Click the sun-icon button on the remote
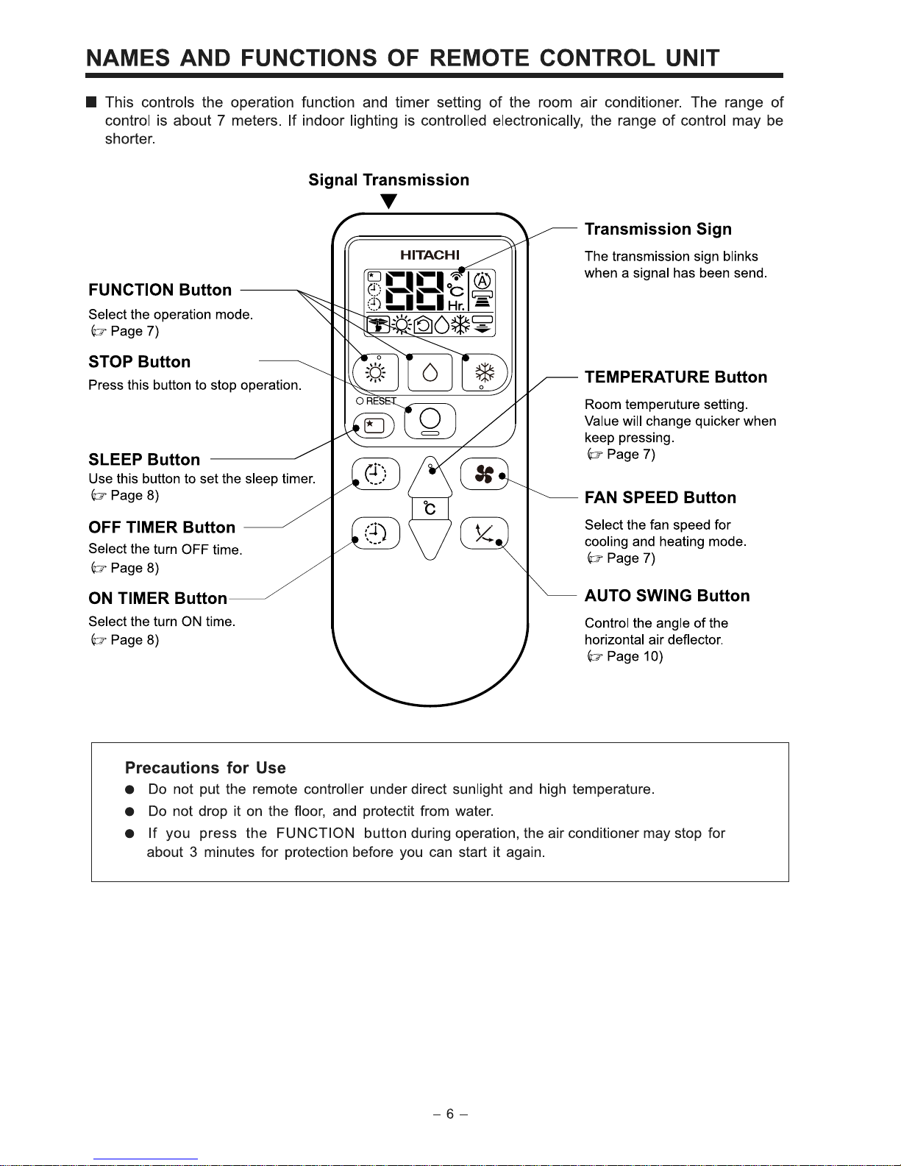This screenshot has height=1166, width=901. pos(375,373)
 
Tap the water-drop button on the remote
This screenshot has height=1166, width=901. pos(430,373)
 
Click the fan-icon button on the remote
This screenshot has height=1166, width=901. pos(484,474)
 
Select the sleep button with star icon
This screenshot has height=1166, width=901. pos(374,426)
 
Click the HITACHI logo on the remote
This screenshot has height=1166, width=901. pos(430,255)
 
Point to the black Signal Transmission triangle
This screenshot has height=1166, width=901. pos(390,201)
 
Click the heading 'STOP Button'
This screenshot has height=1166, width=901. pos(139,362)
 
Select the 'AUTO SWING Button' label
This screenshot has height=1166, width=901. pos(667,596)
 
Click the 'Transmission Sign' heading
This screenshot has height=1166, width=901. pos(658,229)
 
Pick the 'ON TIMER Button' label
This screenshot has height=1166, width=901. pos(157,598)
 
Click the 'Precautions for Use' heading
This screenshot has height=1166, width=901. pos(205,768)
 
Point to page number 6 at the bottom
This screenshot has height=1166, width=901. pos(450,1114)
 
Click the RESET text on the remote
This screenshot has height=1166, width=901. pos(381,401)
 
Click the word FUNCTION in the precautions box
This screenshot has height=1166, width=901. pos(316,833)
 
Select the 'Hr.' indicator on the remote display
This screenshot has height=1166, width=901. pos(456,304)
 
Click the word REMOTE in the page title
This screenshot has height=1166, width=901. pos(479,58)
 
